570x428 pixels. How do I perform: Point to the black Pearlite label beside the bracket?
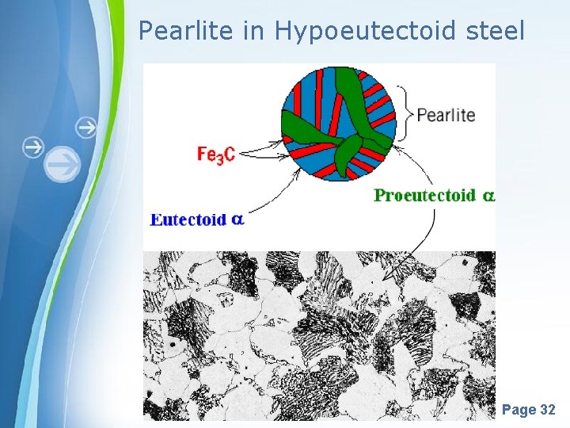446,114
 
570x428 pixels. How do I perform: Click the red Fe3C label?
215,155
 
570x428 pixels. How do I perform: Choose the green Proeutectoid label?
425,195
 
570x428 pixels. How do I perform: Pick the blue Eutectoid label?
188,220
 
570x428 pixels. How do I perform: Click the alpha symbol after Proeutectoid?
488,195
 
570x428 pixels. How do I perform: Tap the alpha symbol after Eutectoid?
237,220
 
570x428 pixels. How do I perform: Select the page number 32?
547,410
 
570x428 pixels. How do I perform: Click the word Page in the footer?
519,410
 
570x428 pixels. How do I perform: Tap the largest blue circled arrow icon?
62,165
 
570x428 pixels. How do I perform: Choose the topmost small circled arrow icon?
86,127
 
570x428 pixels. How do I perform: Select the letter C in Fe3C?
229,155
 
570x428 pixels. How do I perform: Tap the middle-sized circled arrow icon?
32,147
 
